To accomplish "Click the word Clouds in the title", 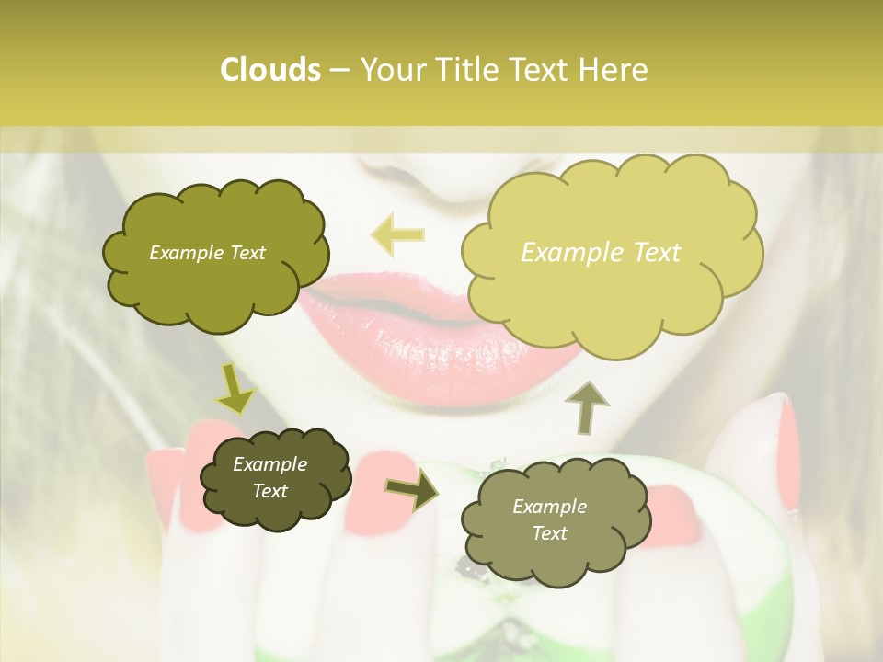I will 269,70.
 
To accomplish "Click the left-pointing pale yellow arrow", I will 397,235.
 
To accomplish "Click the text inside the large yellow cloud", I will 601,253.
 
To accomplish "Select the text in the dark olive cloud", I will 269,477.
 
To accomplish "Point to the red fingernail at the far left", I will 166,487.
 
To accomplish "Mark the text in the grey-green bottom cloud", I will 549,519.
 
